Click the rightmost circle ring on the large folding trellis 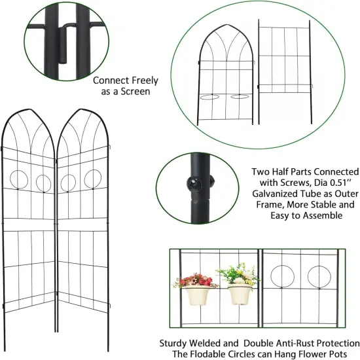pyautogui.click(x=93, y=179)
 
